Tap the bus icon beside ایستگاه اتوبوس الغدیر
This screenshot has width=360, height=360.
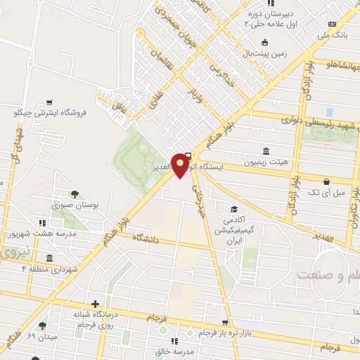point(188,157)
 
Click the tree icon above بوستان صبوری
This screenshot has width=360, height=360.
point(75,193)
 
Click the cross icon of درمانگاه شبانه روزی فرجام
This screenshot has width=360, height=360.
point(95,303)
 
